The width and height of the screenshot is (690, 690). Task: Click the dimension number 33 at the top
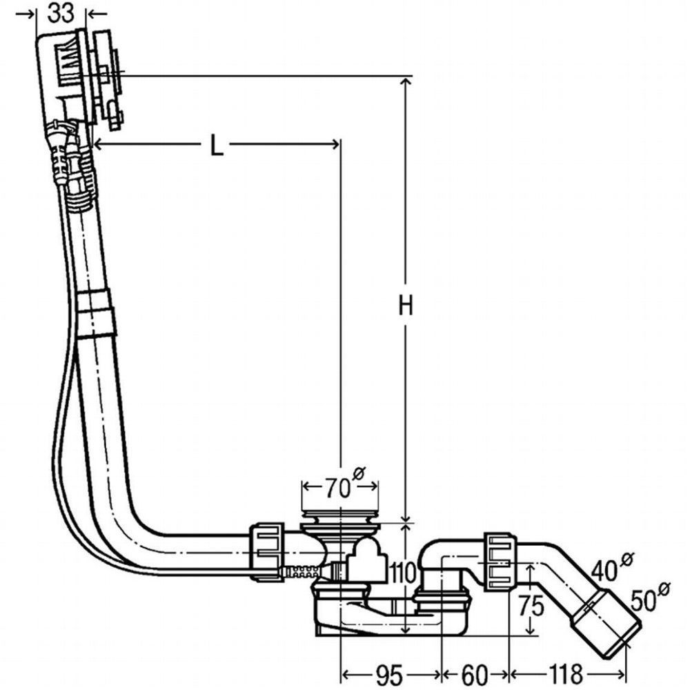[61, 14]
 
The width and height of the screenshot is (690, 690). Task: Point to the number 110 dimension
[402, 573]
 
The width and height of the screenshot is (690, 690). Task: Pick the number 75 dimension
[531, 607]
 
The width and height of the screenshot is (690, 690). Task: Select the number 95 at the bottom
[389, 673]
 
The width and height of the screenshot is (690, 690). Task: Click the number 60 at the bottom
[475, 673]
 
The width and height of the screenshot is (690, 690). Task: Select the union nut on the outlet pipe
[501, 562]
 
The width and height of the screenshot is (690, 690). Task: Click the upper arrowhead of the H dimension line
[406, 83]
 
